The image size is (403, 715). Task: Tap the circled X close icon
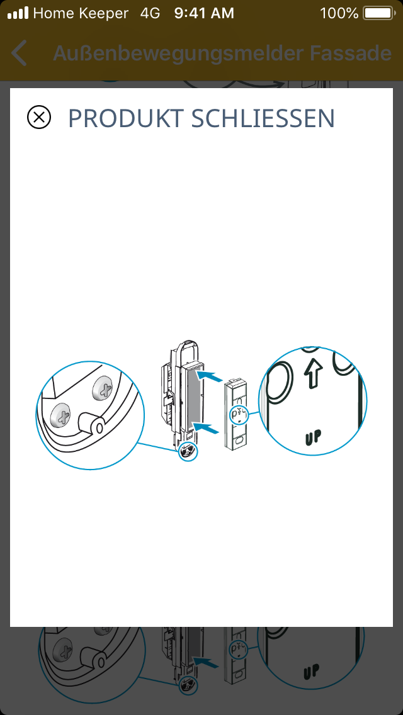click(39, 117)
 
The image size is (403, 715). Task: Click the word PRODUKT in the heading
click(125, 118)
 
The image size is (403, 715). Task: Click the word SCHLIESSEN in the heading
click(263, 118)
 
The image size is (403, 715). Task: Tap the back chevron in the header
click(18, 53)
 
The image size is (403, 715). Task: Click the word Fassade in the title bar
click(351, 53)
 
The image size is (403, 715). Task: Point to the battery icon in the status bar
click(380, 13)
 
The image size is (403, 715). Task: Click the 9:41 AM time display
click(204, 13)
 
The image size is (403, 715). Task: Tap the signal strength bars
click(18, 14)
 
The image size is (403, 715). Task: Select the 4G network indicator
click(150, 13)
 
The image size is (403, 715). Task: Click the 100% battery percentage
click(339, 13)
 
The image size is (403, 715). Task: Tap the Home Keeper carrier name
click(81, 14)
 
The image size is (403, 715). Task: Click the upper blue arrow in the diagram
click(210, 376)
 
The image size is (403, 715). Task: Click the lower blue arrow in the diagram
click(210, 427)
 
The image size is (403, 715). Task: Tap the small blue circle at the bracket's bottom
click(188, 451)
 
